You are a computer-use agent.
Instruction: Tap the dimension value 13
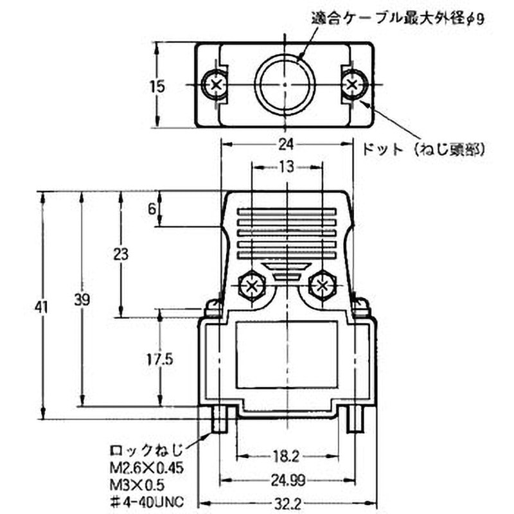coord(287,168)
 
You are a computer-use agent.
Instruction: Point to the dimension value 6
coord(152,209)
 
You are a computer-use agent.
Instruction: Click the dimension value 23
coord(120,254)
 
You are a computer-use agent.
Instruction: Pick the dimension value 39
coord(82,299)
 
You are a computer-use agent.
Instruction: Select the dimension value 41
coord(42,308)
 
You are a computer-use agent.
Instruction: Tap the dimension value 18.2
coord(286,457)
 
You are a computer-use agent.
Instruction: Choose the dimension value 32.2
coord(286,503)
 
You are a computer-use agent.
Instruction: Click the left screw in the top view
coord(213,84)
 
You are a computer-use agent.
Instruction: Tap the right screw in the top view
coord(353,84)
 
